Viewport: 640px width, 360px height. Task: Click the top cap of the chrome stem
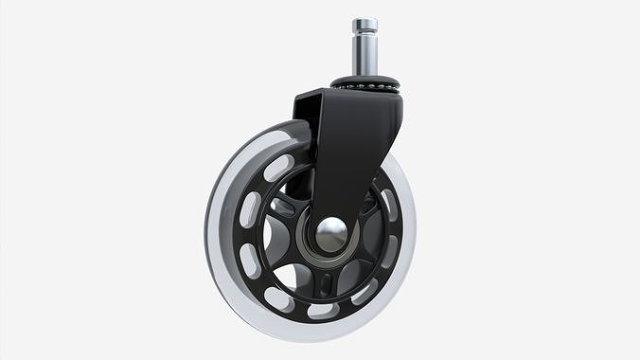pos(364,24)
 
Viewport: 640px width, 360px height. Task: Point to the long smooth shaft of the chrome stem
pos(364,57)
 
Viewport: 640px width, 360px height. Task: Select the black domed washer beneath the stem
pos(364,80)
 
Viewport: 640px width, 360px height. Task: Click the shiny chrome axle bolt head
pos(330,234)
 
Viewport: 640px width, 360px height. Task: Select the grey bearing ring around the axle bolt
pos(312,248)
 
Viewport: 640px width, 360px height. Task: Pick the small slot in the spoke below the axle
pos(325,283)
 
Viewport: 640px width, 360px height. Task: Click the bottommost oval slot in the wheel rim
pos(323,310)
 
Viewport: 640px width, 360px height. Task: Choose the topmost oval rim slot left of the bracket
pos(278,169)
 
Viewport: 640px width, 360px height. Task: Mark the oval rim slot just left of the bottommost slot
pos(279,298)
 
